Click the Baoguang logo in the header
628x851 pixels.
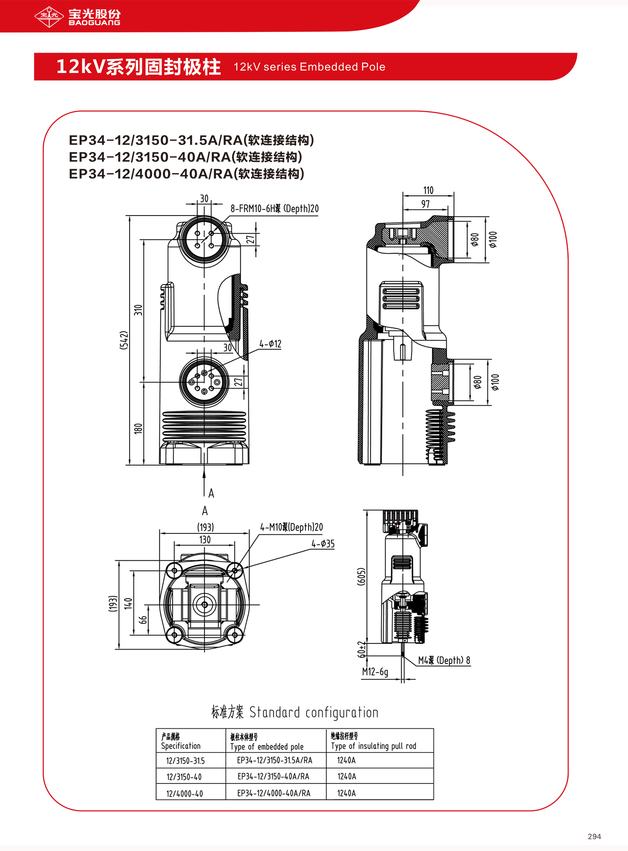click(77, 17)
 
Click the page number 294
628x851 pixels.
click(594, 836)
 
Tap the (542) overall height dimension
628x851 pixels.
click(124, 340)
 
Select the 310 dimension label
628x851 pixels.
click(138, 310)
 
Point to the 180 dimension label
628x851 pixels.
click(138, 428)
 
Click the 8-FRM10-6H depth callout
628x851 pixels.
click(275, 209)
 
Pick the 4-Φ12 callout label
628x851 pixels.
click(270, 344)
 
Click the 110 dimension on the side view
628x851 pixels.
click(428, 190)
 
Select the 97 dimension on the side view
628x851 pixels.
click(426, 204)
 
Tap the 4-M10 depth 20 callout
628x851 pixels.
click(291, 527)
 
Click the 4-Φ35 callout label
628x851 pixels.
click(323, 544)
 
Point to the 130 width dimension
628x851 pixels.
click(205, 540)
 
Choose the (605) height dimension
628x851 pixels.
click(361, 576)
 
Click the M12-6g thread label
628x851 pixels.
click(375, 672)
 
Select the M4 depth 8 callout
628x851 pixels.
click(444, 660)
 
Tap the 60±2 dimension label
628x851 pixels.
click(361, 649)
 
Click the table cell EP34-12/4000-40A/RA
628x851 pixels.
click(274, 793)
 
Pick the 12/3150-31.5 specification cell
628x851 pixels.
click(185, 761)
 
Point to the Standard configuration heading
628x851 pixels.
click(294, 712)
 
